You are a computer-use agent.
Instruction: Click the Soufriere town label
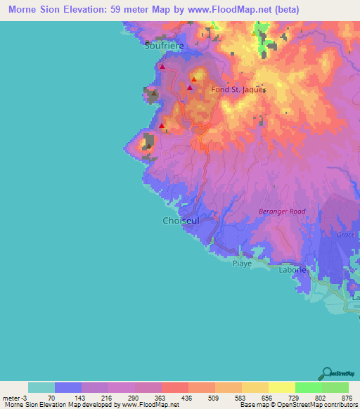tap(164, 46)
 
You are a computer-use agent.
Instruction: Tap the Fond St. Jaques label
tap(238, 89)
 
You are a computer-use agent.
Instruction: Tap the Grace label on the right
tap(347, 235)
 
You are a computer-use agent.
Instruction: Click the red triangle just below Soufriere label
tap(162, 67)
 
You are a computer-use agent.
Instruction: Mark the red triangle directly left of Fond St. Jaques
tap(190, 89)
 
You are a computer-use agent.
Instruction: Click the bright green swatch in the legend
tap(309, 387)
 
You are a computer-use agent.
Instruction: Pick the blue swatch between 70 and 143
tap(68, 387)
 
